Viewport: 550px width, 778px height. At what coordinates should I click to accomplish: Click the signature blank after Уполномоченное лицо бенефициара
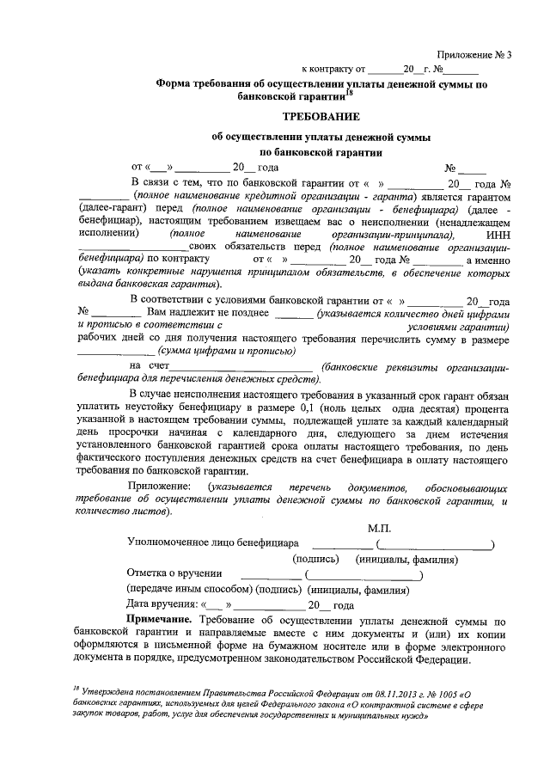pyautogui.click(x=342, y=543)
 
